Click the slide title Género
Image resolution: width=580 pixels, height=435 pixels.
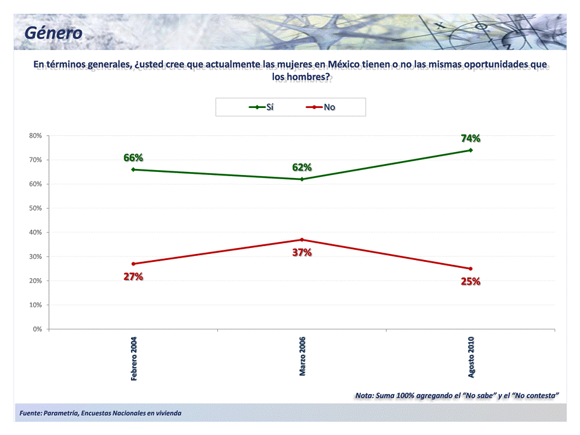(x=54, y=33)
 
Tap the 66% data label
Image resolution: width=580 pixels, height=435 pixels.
(x=133, y=157)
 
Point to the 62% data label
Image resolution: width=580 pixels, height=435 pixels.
(x=302, y=167)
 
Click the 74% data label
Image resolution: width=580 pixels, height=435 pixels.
(x=470, y=138)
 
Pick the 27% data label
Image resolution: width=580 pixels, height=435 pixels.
(x=133, y=276)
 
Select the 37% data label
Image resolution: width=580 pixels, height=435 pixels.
(x=302, y=252)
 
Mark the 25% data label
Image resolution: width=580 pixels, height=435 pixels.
(x=470, y=281)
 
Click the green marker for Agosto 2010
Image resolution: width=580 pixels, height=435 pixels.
(x=471, y=150)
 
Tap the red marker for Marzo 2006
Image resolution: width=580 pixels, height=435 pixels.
(x=302, y=240)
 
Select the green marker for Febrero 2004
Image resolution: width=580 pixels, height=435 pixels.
(x=133, y=170)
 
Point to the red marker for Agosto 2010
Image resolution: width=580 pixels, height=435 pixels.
(x=471, y=268)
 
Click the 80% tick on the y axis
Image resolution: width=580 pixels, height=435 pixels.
(x=35, y=136)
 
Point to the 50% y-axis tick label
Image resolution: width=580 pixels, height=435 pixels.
(x=35, y=208)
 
